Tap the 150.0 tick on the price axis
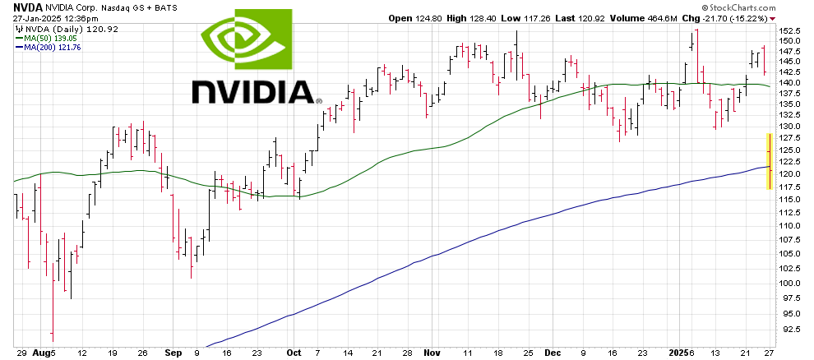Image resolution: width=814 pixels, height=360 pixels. [789, 40]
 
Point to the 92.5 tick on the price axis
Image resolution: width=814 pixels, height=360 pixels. [789, 329]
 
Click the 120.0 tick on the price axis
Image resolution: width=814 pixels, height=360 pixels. [789, 174]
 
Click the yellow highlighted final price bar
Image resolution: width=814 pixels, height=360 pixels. [769, 161]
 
